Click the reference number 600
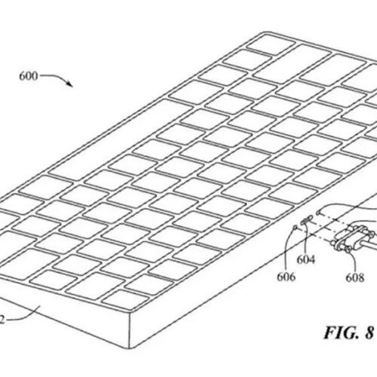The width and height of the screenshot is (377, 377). [28, 76]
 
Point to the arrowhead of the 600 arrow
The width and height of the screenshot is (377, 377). [70, 84]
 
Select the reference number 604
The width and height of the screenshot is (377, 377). [306, 259]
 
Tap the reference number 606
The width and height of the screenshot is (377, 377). [286, 277]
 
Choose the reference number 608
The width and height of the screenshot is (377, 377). [355, 277]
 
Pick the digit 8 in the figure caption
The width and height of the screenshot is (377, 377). [369, 333]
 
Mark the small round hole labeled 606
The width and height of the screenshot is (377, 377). [296, 228]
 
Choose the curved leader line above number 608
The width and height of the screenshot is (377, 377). [354, 260]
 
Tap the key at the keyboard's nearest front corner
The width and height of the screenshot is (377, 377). [125, 300]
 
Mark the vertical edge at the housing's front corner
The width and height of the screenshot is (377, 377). [130, 331]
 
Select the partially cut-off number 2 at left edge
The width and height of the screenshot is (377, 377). [2, 320]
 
